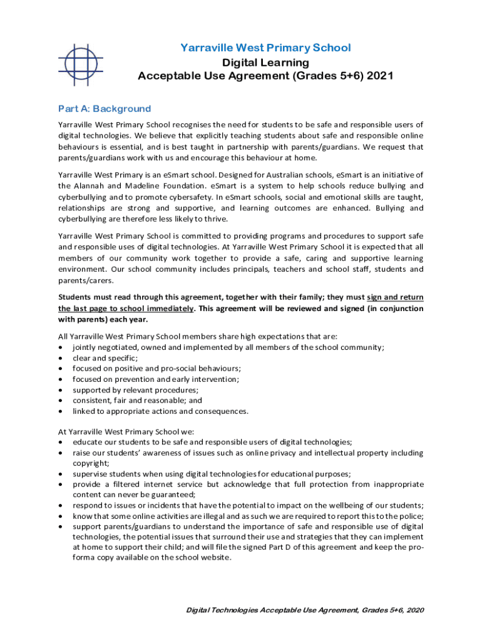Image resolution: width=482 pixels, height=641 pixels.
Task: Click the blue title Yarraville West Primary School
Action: click(x=265, y=48)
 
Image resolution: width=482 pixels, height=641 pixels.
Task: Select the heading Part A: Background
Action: click(x=105, y=108)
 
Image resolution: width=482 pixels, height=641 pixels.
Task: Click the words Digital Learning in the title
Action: click(x=265, y=63)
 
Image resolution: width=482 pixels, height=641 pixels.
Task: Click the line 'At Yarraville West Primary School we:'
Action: click(x=126, y=431)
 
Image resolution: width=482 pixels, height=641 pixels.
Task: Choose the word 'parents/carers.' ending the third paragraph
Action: click(x=83, y=280)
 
